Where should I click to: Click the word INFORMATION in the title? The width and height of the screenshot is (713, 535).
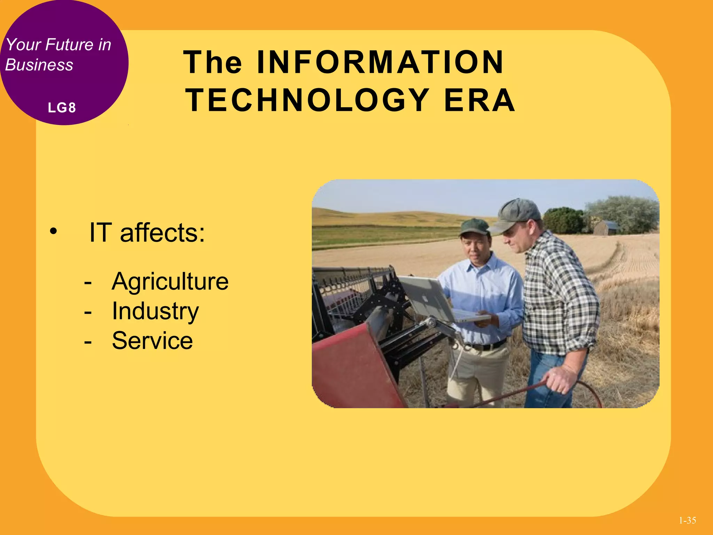pos(380,63)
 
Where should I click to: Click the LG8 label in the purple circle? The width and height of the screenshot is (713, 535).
pos(62,108)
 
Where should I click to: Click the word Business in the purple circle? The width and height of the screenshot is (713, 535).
pos(39,65)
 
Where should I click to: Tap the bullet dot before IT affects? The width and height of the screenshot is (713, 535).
pos(53,231)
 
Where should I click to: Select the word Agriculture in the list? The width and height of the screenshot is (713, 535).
pos(170,281)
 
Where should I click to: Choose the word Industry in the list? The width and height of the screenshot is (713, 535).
pos(155,311)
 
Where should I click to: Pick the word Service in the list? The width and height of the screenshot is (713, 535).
pos(152,341)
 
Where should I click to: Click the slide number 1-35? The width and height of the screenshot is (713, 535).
pos(687,520)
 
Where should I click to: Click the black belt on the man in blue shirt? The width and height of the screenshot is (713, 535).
pos(487,346)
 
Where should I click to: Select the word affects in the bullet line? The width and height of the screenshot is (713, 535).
pos(162,233)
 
